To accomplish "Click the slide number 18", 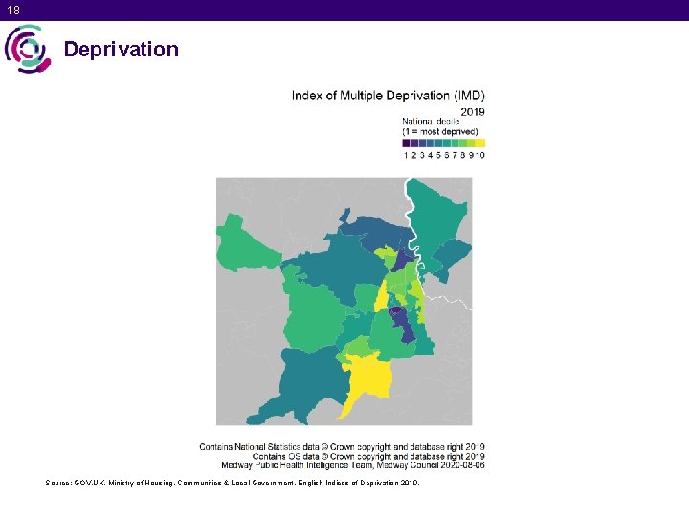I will pyautogui.click(x=11, y=10).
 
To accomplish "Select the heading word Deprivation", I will pyautogui.click(x=121, y=50).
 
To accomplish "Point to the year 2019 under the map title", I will pyautogui.click(x=472, y=111).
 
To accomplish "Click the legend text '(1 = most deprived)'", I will pyautogui.click(x=440, y=131).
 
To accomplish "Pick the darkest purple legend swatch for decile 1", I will pyautogui.click(x=407, y=142).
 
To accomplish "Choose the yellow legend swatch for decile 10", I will pyautogui.click(x=480, y=142).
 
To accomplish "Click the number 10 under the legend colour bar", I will pyautogui.click(x=479, y=154).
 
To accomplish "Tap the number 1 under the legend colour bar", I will pyautogui.click(x=407, y=154).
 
